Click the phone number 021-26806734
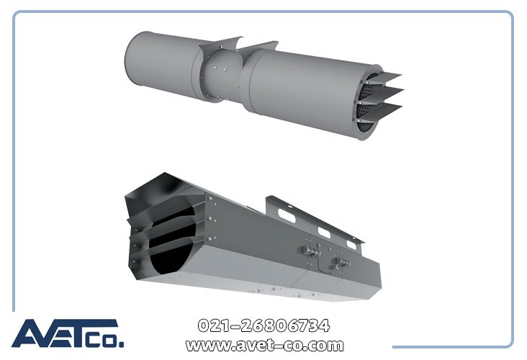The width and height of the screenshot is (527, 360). (263, 325)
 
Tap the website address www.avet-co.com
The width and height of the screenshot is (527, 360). (264, 345)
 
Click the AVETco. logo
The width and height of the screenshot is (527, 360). (68, 333)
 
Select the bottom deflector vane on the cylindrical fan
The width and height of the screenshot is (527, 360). (383, 112)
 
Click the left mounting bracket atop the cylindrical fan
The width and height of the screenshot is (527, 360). (220, 44)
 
